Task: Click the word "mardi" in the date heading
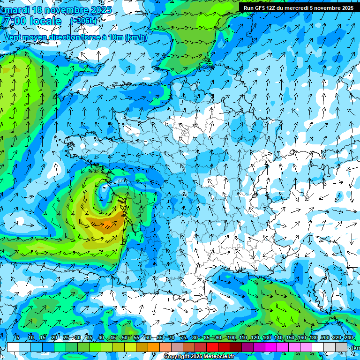click(x=17, y=10)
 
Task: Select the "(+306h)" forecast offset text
click(x=84, y=21)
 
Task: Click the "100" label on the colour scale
click(x=231, y=337)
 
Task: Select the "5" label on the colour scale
click(x=18, y=337)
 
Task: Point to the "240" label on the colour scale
click(x=348, y=337)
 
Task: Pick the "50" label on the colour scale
click(x=125, y=337)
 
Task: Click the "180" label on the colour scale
click(x=313, y=337)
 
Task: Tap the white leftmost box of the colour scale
click(x=13, y=347)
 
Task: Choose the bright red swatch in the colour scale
click(x=212, y=347)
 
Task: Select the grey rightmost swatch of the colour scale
click(x=341, y=347)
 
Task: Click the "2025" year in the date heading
click(x=99, y=10)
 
